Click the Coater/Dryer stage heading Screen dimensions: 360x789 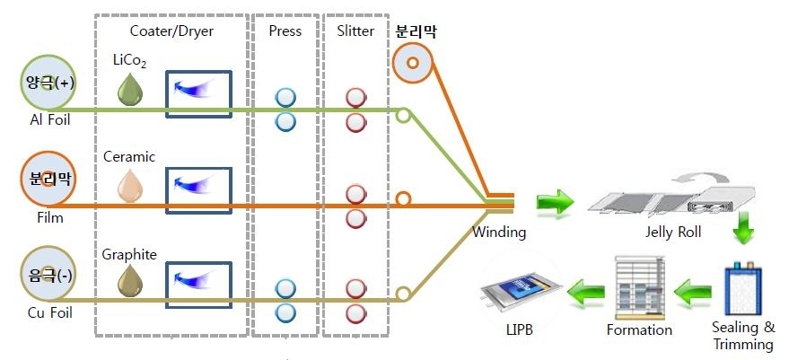click(171, 31)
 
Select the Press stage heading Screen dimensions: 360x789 click(285, 31)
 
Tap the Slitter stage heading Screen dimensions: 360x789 click(355, 31)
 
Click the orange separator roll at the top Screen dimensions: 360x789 click(414, 66)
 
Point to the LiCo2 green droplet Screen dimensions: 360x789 click(132, 89)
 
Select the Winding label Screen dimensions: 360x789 click(499, 233)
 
